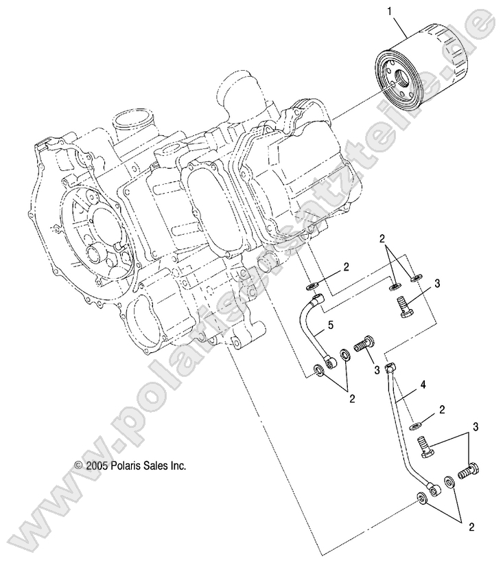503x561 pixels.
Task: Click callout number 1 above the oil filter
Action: pos(392,12)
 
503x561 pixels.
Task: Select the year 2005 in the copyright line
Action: pos(96,465)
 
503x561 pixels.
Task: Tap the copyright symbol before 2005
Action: pos(78,466)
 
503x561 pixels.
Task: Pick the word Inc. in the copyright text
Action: pos(177,465)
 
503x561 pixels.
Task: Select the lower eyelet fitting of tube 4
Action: pos(434,489)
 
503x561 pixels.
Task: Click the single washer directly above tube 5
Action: pos(312,284)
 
